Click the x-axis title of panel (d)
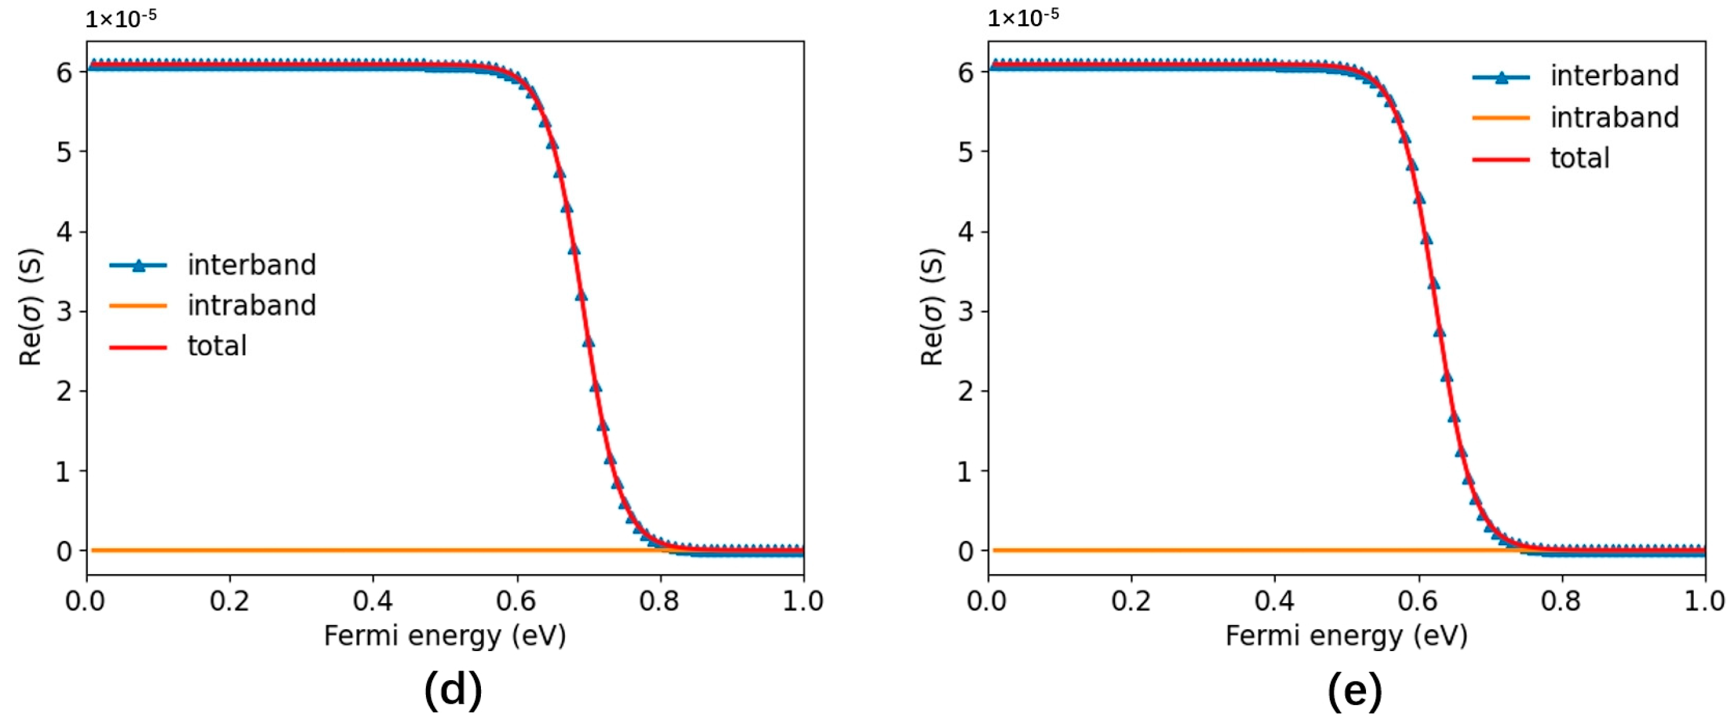pyautogui.click(x=445, y=636)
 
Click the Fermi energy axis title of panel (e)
pyautogui.click(x=1346, y=636)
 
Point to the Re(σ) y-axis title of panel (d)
pyautogui.click(x=31, y=308)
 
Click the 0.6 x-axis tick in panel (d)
pyautogui.click(x=517, y=601)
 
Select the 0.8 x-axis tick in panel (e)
pyautogui.click(x=1561, y=601)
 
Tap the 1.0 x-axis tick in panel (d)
pyautogui.click(x=803, y=601)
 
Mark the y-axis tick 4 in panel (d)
pyautogui.click(x=64, y=232)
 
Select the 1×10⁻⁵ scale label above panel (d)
pyautogui.click(x=121, y=18)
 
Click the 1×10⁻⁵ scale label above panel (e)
pyautogui.click(x=1022, y=18)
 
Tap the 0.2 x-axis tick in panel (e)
pyautogui.click(x=1131, y=601)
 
